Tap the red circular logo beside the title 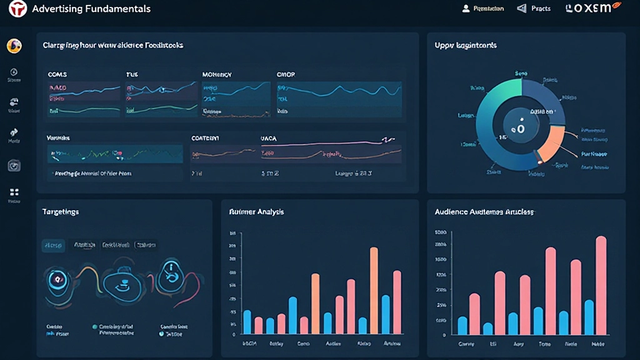click(x=17, y=9)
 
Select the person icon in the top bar click(x=466, y=9)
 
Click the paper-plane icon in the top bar click(x=522, y=9)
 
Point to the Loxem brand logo click(x=591, y=9)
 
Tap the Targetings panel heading click(x=60, y=212)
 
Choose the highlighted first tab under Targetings click(x=53, y=246)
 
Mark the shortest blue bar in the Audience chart click(x=488, y=328)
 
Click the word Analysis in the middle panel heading click(x=271, y=212)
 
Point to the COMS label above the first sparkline click(x=57, y=74)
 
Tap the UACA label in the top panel click(x=268, y=137)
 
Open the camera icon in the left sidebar click(x=14, y=166)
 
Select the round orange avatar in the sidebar click(x=14, y=46)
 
